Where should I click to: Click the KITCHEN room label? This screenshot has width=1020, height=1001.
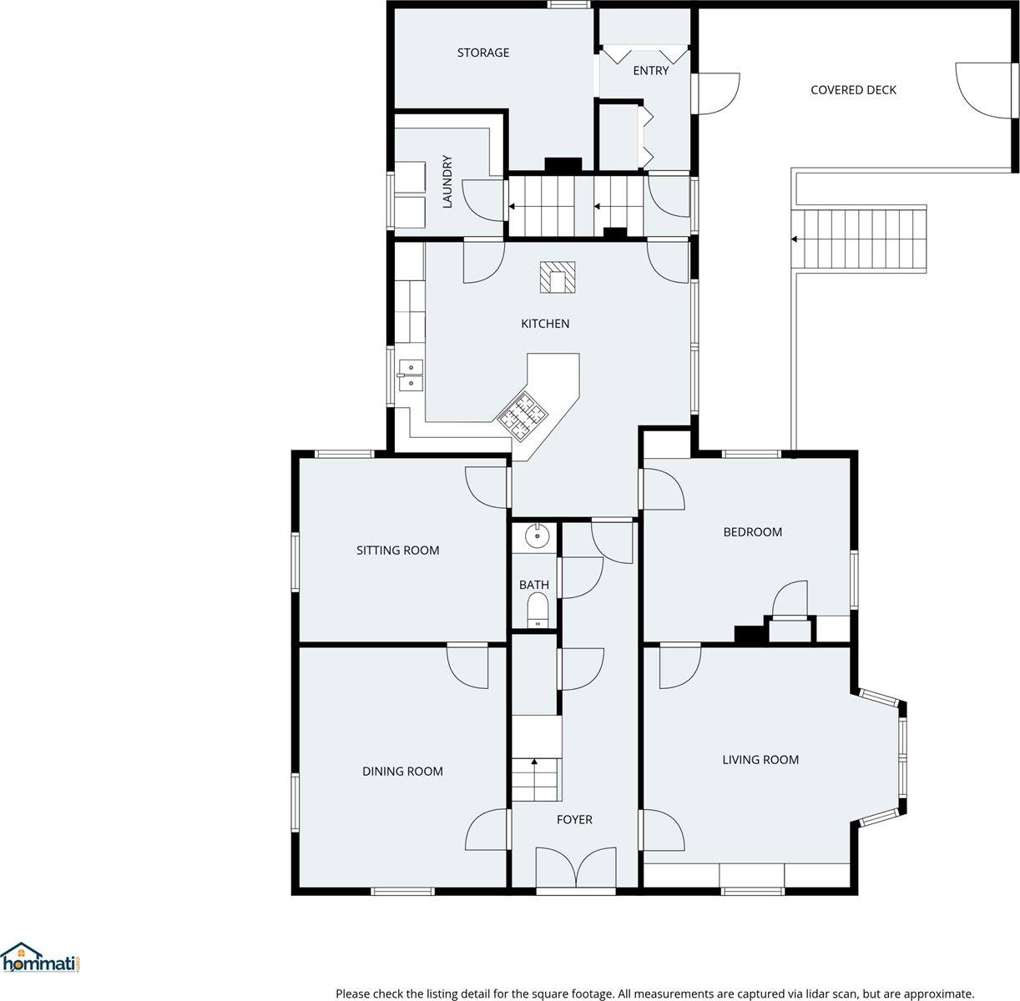pos(545,324)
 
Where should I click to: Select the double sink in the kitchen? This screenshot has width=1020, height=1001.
pos(411,375)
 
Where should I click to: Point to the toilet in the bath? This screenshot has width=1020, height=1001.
pos(539,611)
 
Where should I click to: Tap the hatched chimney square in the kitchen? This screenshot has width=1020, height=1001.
pos(557,278)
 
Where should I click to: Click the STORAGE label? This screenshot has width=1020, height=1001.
pos(482,53)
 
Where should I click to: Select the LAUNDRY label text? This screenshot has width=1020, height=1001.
pos(447,181)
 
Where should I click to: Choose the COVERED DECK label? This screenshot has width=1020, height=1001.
pos(853,90)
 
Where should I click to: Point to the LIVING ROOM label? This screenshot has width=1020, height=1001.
pos(760,759)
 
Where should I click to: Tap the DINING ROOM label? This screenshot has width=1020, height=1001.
pos(402,772)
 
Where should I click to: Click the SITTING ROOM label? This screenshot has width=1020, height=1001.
pos(397,551)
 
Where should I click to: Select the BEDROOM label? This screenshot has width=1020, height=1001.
pos(752,532)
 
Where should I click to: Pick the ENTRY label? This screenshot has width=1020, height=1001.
pos(650,71)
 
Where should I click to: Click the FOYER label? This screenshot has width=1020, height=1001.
pos(574,820)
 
